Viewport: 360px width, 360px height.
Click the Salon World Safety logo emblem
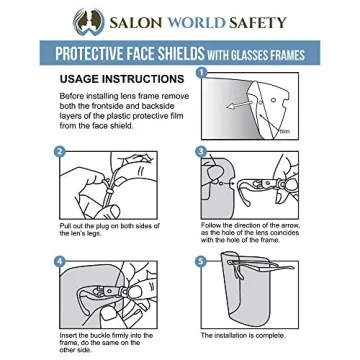click(80, 19)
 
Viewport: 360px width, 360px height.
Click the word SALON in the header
click(130, 20)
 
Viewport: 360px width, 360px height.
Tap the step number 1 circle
click(200, 73)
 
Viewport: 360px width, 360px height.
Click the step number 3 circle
click(200, 152)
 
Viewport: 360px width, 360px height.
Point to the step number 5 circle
click(200, 262)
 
